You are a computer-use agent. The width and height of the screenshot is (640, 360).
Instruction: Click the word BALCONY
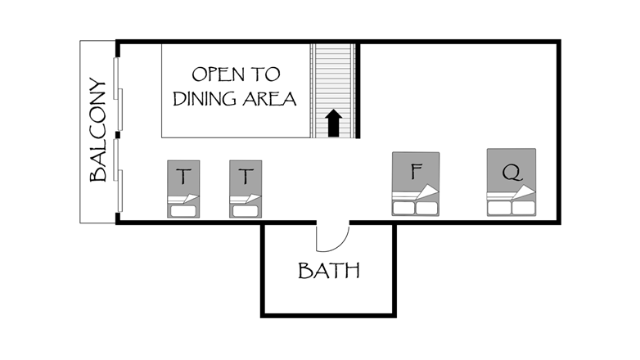click(98, 130)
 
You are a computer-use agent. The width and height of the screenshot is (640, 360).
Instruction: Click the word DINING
click(205, 99)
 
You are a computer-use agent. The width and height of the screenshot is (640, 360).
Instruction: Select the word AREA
click(269, 99)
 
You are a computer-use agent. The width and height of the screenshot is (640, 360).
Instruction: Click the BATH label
click(329, 271)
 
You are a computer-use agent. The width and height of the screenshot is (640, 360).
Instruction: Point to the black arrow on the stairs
click(334, 123)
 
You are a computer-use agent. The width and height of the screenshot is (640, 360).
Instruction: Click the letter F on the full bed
click(417, 171)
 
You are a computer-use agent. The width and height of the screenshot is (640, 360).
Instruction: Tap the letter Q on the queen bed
click(512, 173)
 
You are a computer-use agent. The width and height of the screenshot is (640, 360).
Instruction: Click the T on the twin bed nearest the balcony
click(183, 177)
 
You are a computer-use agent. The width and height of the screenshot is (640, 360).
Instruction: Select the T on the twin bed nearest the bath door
click(246, 177)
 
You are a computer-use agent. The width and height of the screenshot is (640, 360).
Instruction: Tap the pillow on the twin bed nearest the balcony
click(183, 211)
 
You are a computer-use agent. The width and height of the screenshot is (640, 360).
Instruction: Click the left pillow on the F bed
click(403, 208)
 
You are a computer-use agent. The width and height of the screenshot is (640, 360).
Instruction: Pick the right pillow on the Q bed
click(523, 208)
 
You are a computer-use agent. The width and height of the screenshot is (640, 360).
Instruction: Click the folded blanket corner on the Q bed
click(523, 192)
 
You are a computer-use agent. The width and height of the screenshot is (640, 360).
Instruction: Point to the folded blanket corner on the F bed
click(427, 192)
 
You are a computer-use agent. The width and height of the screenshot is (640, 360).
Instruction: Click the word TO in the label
click(266, 74)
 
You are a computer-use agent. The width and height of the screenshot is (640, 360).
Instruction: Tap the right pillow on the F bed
click(427, 208)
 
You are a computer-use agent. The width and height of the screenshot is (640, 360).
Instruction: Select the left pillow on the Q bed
click(499, 208)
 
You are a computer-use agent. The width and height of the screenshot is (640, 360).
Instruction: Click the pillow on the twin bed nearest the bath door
click(246, 211)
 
